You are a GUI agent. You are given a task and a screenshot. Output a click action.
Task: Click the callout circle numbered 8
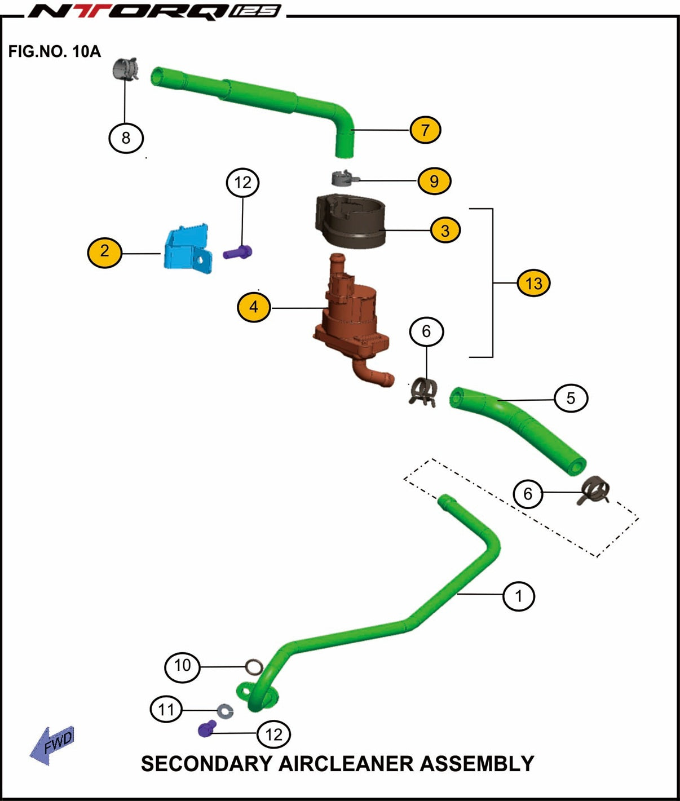[x=126, y=138]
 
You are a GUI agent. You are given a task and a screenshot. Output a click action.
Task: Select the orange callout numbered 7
[x=425, y=130]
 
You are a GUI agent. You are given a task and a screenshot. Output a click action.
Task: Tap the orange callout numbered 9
[x=434, y=181]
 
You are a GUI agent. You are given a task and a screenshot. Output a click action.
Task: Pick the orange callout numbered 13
[x=533, y=283]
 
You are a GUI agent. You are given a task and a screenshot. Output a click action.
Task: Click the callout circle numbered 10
[x=182, y=666]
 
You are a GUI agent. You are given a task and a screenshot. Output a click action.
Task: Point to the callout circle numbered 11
[x=166, y=709]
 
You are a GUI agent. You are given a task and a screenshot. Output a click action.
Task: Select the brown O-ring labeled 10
[x=254, y=668]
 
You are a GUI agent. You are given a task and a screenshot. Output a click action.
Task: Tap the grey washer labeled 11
[x=226, y=711]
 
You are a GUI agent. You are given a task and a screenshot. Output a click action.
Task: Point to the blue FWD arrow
[x=52, y=744]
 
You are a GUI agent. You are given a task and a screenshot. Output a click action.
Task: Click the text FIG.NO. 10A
[x=54, y=52]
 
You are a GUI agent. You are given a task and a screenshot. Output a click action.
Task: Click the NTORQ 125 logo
[x=155, y=11]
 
